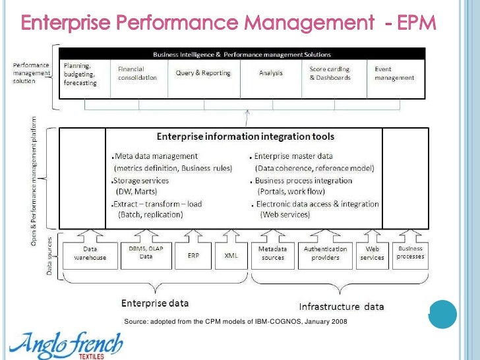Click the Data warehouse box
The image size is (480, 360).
[x=90, y=253]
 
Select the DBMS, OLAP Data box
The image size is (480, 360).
[x=146, y=253]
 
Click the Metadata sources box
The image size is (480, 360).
[x=273, y=253]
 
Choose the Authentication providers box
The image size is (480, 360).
[x=326, y=253]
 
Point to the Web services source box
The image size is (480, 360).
[x=373, y=253]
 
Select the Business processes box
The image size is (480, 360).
[x=411, y=253]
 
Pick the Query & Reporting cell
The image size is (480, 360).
[x=203, y=73]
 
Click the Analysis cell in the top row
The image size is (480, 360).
[x=271, y=73]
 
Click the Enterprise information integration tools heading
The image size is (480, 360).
[x=245, y=136]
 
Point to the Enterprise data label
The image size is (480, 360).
[x=155, y=303]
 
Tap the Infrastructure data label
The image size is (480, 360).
[x=341, y=306]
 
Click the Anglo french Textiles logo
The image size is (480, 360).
[x=65, y=344]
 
